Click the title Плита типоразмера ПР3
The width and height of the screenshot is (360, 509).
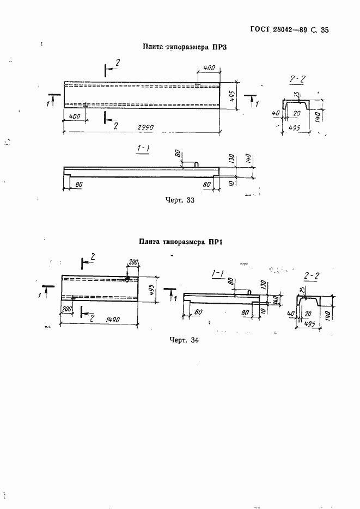184,47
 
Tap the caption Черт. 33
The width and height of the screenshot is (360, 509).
179,200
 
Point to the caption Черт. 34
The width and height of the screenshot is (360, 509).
184,341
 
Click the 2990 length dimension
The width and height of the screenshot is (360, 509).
145,127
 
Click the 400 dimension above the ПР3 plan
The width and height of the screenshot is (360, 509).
209,69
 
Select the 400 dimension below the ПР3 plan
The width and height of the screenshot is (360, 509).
75,118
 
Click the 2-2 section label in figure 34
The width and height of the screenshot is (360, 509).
312,276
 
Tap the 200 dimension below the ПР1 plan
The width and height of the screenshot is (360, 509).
67,309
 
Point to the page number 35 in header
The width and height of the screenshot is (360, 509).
325,31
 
